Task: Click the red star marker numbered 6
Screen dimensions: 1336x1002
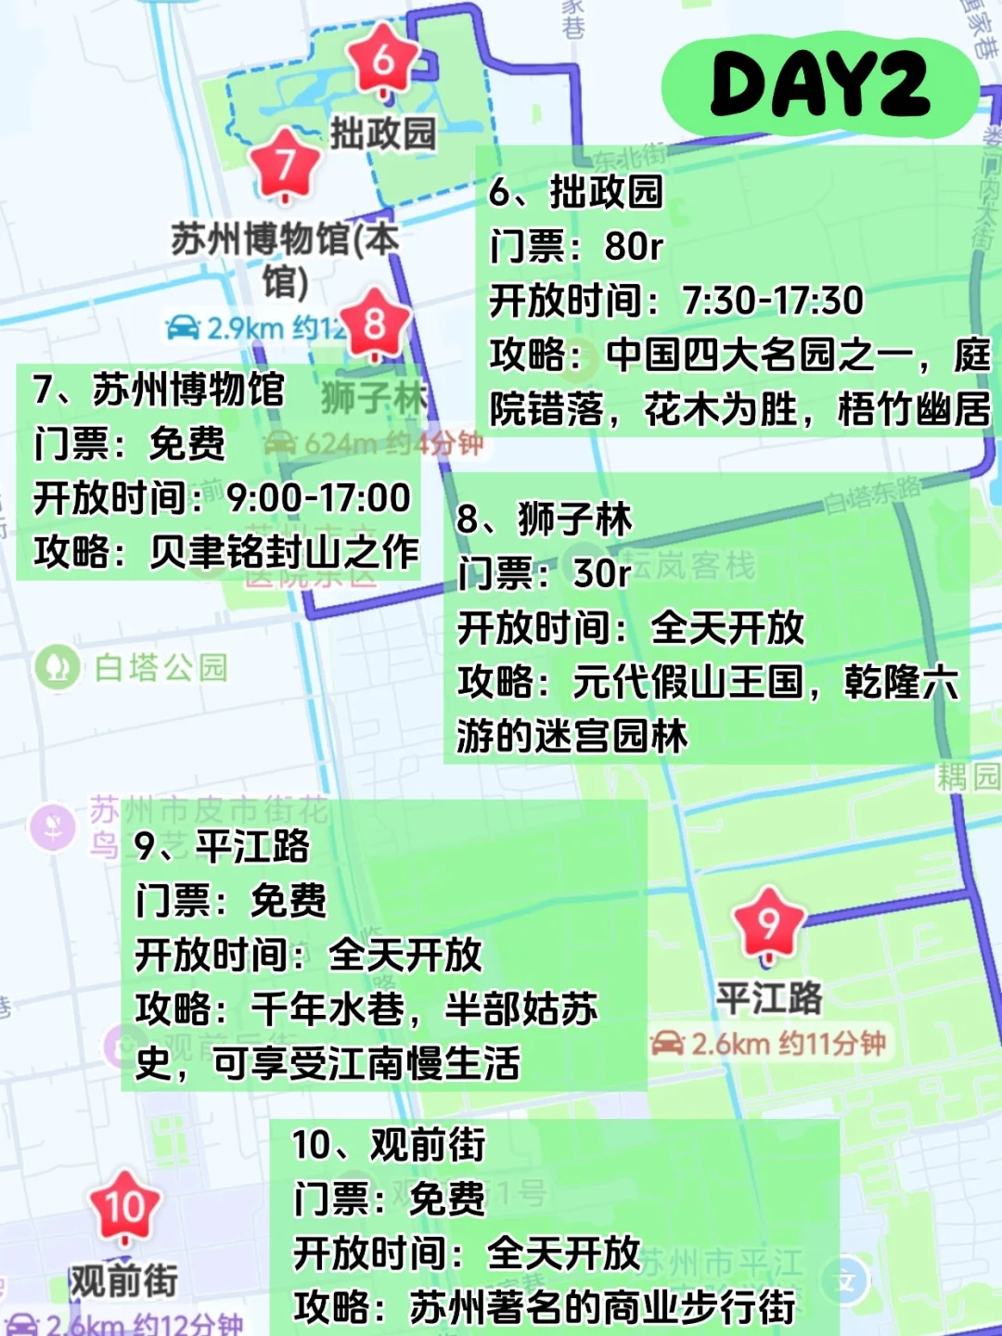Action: (383, 61)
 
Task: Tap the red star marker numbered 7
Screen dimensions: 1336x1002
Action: (285, 164)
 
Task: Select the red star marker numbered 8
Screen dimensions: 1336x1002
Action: (374, 324)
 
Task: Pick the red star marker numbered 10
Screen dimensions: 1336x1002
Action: (125, 1207)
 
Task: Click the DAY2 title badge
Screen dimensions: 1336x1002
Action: (820, 85)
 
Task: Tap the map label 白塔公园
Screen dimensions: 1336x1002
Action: (161, 667)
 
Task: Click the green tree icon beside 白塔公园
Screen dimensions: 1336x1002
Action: (58, 667)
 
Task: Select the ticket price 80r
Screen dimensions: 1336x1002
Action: (635, 247)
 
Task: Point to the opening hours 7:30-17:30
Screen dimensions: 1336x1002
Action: (772, 301)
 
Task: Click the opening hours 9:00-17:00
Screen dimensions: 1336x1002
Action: (318, 498)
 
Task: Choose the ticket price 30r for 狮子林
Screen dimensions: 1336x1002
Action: (602, 573)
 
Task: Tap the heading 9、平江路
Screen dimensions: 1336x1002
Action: (223, 845)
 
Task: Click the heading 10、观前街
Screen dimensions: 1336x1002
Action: (389, 1145)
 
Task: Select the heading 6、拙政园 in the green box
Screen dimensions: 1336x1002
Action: (576, 192)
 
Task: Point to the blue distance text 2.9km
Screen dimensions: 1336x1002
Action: (245, 328)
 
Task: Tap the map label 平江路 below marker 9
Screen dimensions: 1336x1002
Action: (769, 998)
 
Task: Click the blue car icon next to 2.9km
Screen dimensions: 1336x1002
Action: (183, 328)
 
